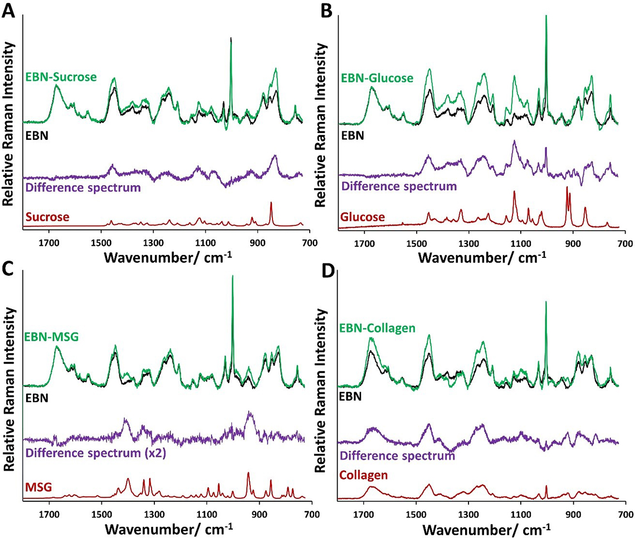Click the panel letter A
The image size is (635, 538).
[8, 9]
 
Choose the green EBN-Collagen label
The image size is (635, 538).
[379, 329]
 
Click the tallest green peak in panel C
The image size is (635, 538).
[232, 277]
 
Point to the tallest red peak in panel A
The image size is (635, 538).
[271, 203]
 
